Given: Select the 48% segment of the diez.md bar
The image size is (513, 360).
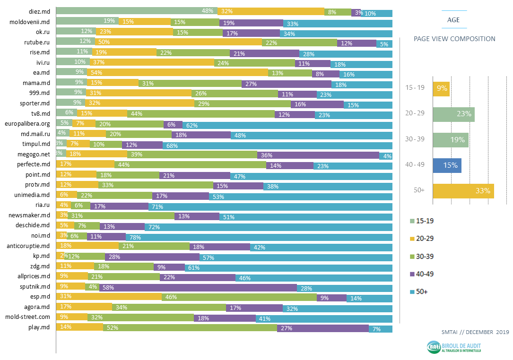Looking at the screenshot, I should [x=137, y=11].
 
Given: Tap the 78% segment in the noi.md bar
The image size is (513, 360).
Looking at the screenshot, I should [x=259, y=236].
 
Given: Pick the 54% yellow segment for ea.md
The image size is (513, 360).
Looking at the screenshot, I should [x=162, y=73].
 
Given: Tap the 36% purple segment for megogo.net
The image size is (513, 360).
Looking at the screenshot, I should [x=318, y=154].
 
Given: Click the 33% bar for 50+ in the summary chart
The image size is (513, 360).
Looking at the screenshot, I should [x=463, y=191].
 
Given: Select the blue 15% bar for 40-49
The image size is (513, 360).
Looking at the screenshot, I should [x=447, y=165].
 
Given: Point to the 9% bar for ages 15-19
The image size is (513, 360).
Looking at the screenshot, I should [x=441, y=88].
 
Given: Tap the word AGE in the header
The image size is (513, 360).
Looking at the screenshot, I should [x=453, y=20].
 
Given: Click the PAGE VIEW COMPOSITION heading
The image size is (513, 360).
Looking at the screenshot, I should [x=454, y=39].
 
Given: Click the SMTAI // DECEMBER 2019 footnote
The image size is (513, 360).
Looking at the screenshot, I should [x=474, y=332].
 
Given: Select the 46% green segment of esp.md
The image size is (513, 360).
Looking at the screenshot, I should [x=239, y=297].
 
